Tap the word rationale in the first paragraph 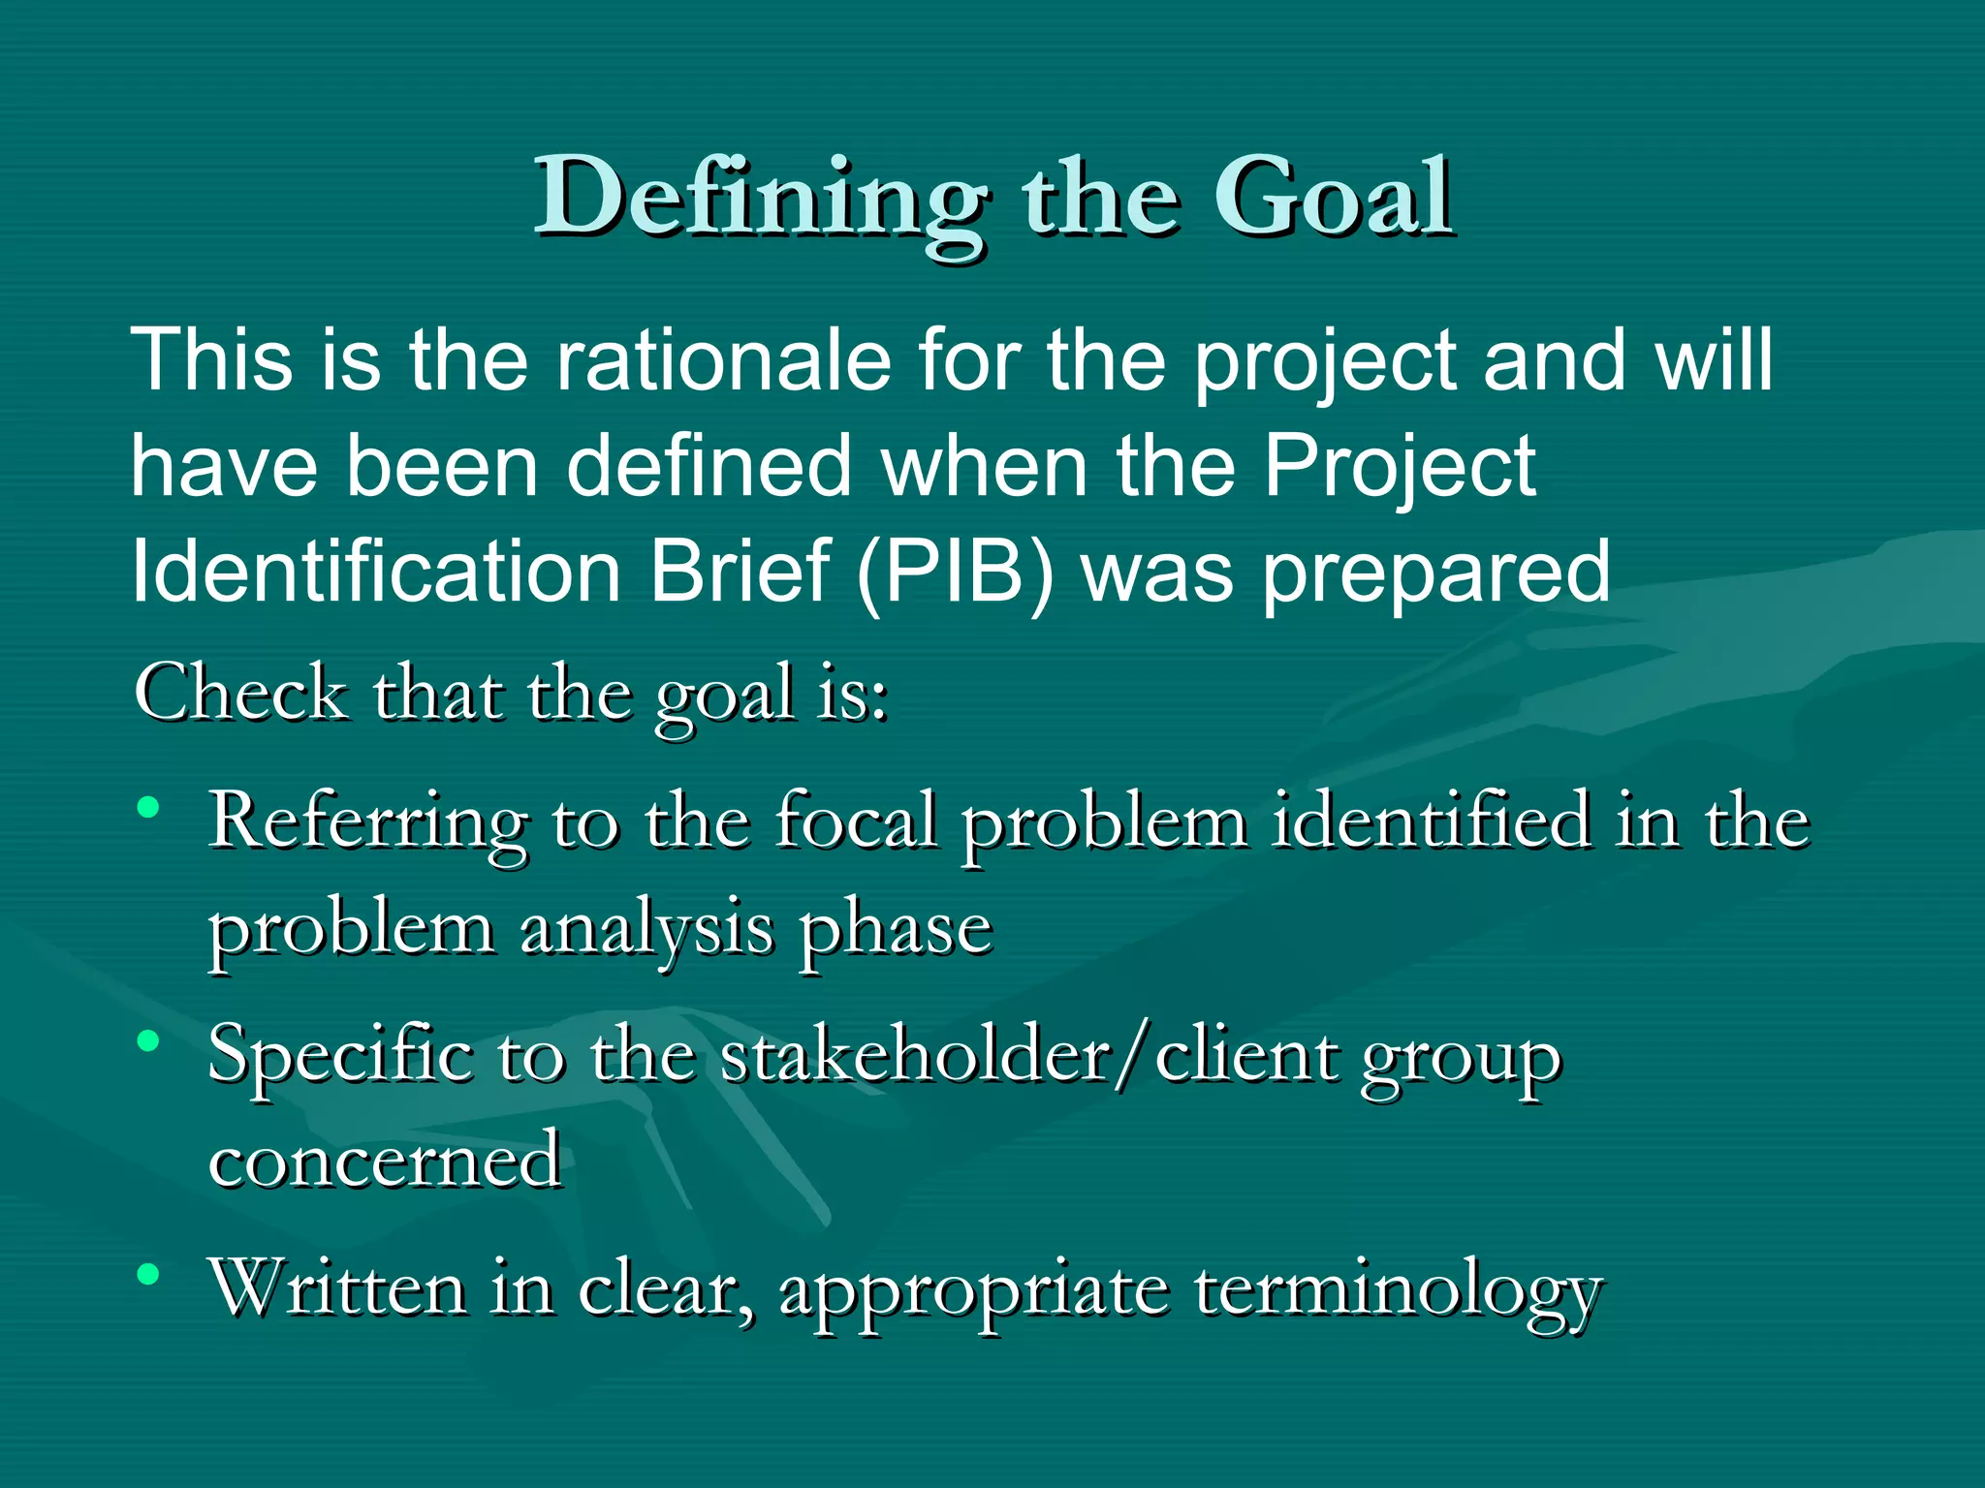pyautogui.click(x=723, y=360)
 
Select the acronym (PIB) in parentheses pyautogui.click(x=955, y=572)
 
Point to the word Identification pyautogui.click(x=376, y=572)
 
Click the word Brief pyautogui.click(x=740, y=572)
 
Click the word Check pyautogui.click(x=241, y=694)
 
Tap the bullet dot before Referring pyautogui.click(x=148, y=806)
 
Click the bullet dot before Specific pyautogui.click(x=148, y=1041)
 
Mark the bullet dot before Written pyautogui.click(x=148, y=1275)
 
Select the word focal pyautogui.click(x=856, y=821)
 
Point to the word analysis pyautogui.click(x=646, y=931)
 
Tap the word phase pyautogui.click(x=896, y=931)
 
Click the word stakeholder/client pyautogui.click(x=1028, y=1055)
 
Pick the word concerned pyautogui.click(x=385, y=1160)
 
